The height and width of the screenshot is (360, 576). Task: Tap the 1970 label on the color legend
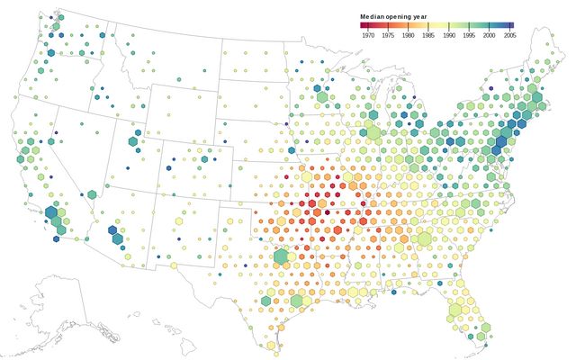pyautogui.click(x=368, y=35)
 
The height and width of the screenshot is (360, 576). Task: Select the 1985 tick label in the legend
pyautogui.click(x=427, y=35)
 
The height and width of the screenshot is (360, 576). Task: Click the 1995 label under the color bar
pyautogui.click(x=468, y=35)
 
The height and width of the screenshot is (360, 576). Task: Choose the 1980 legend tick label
pyautogui.click(x=408, y=35)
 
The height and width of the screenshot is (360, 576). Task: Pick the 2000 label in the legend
pyautogui.click(x=488, y=35)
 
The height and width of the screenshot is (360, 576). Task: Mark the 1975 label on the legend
pyautogui.click(x=388, y=35)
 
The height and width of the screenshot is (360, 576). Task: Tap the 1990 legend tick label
pyautogui.click(x=448, y=35)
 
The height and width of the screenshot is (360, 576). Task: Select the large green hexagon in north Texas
pyautogui.click(x=281, y=256)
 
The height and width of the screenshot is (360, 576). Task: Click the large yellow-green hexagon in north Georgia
pyautogui.click(x=424, y=238)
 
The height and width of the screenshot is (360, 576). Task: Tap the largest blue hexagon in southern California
pyautogui.click(x=52, y=214)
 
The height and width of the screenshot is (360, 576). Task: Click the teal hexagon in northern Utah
pyautogui.click(x=134, y=141)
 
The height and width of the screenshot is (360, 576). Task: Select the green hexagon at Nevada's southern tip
pyautogui.click(x=92, y=194)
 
